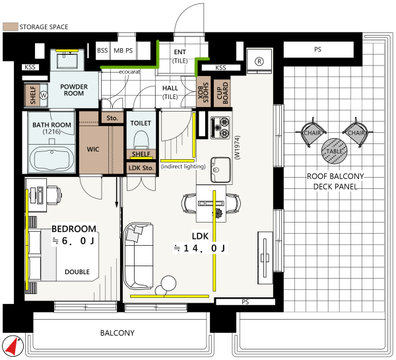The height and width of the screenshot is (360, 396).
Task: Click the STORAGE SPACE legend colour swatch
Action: coord(11,26)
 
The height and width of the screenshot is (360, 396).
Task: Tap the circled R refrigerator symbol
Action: coord(259,61)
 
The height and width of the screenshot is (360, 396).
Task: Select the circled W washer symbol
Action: coord(44,95)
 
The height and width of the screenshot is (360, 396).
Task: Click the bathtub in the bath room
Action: coord(52,159)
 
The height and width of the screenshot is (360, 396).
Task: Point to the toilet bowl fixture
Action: coord(141,140)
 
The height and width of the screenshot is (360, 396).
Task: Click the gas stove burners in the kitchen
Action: coord(220,127)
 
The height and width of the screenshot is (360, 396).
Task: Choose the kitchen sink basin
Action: coord(220,170)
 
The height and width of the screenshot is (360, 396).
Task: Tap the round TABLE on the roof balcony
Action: coord(335,151)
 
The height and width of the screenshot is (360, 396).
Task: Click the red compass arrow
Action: coord(12,346)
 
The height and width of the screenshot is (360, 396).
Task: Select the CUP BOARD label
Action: coord(222,93)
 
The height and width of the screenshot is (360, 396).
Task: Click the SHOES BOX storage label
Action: coord(203,92)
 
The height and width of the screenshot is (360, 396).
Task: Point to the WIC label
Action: coord(93,149)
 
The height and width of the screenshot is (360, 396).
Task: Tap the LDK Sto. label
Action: coord(141,168)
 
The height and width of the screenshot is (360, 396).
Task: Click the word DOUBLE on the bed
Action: coord(77,271)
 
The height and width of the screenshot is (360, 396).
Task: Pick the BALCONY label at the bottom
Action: coord(117,333)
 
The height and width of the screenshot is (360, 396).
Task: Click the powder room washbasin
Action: coord(67,61)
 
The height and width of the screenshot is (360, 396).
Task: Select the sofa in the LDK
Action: coord(139,256)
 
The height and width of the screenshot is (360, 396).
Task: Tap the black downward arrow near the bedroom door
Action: coord(117,192)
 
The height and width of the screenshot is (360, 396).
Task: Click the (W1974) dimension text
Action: coord(238,148)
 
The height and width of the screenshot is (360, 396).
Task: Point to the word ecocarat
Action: coord(129,72)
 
